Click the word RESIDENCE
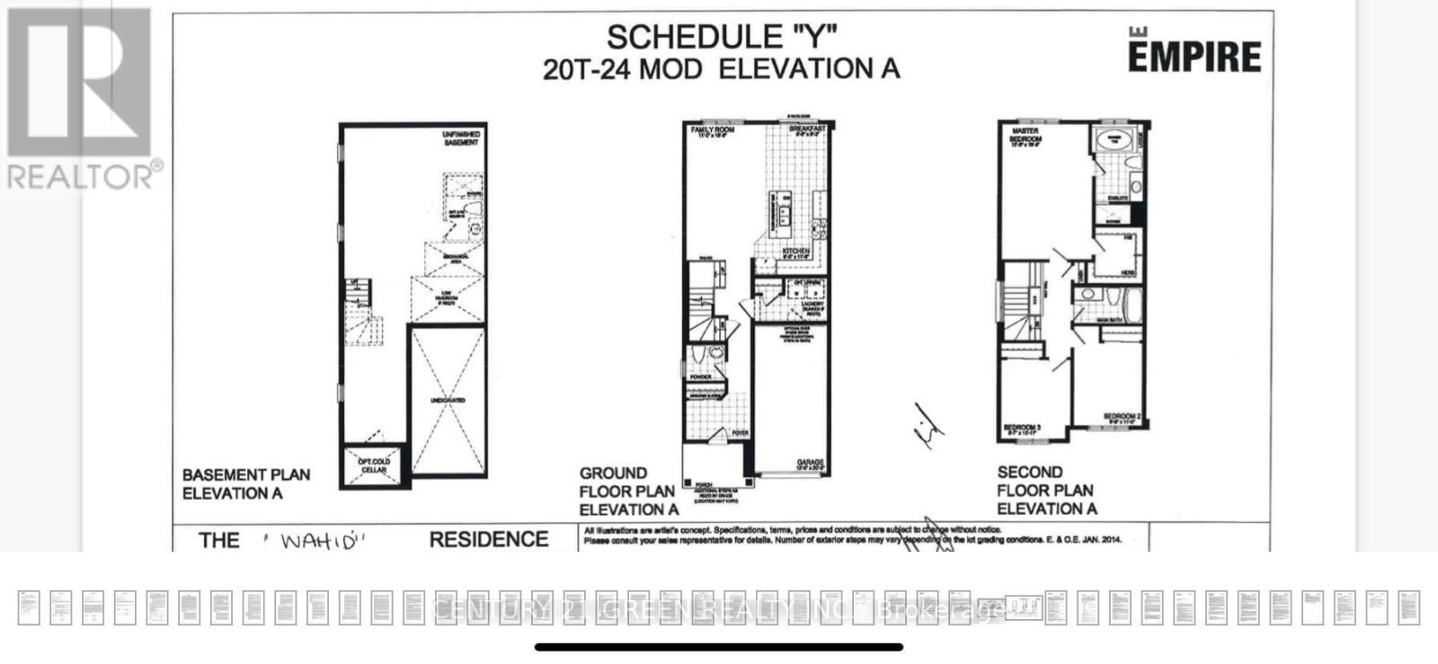pos(489,539)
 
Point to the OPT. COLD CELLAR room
pos(374,465)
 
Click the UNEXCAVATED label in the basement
pos(448,400)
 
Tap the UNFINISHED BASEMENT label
pos(461,138)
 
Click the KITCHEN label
pos(795,252)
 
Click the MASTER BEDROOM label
pos(1025,136)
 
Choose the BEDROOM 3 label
pos(1022,427)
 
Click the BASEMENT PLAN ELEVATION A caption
pos(246,483)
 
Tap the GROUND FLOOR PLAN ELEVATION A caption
pos(628,491)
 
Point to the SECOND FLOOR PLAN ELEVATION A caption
pos(1046,490)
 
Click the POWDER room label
pos(701,376)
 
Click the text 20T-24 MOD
pos(622,69)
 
